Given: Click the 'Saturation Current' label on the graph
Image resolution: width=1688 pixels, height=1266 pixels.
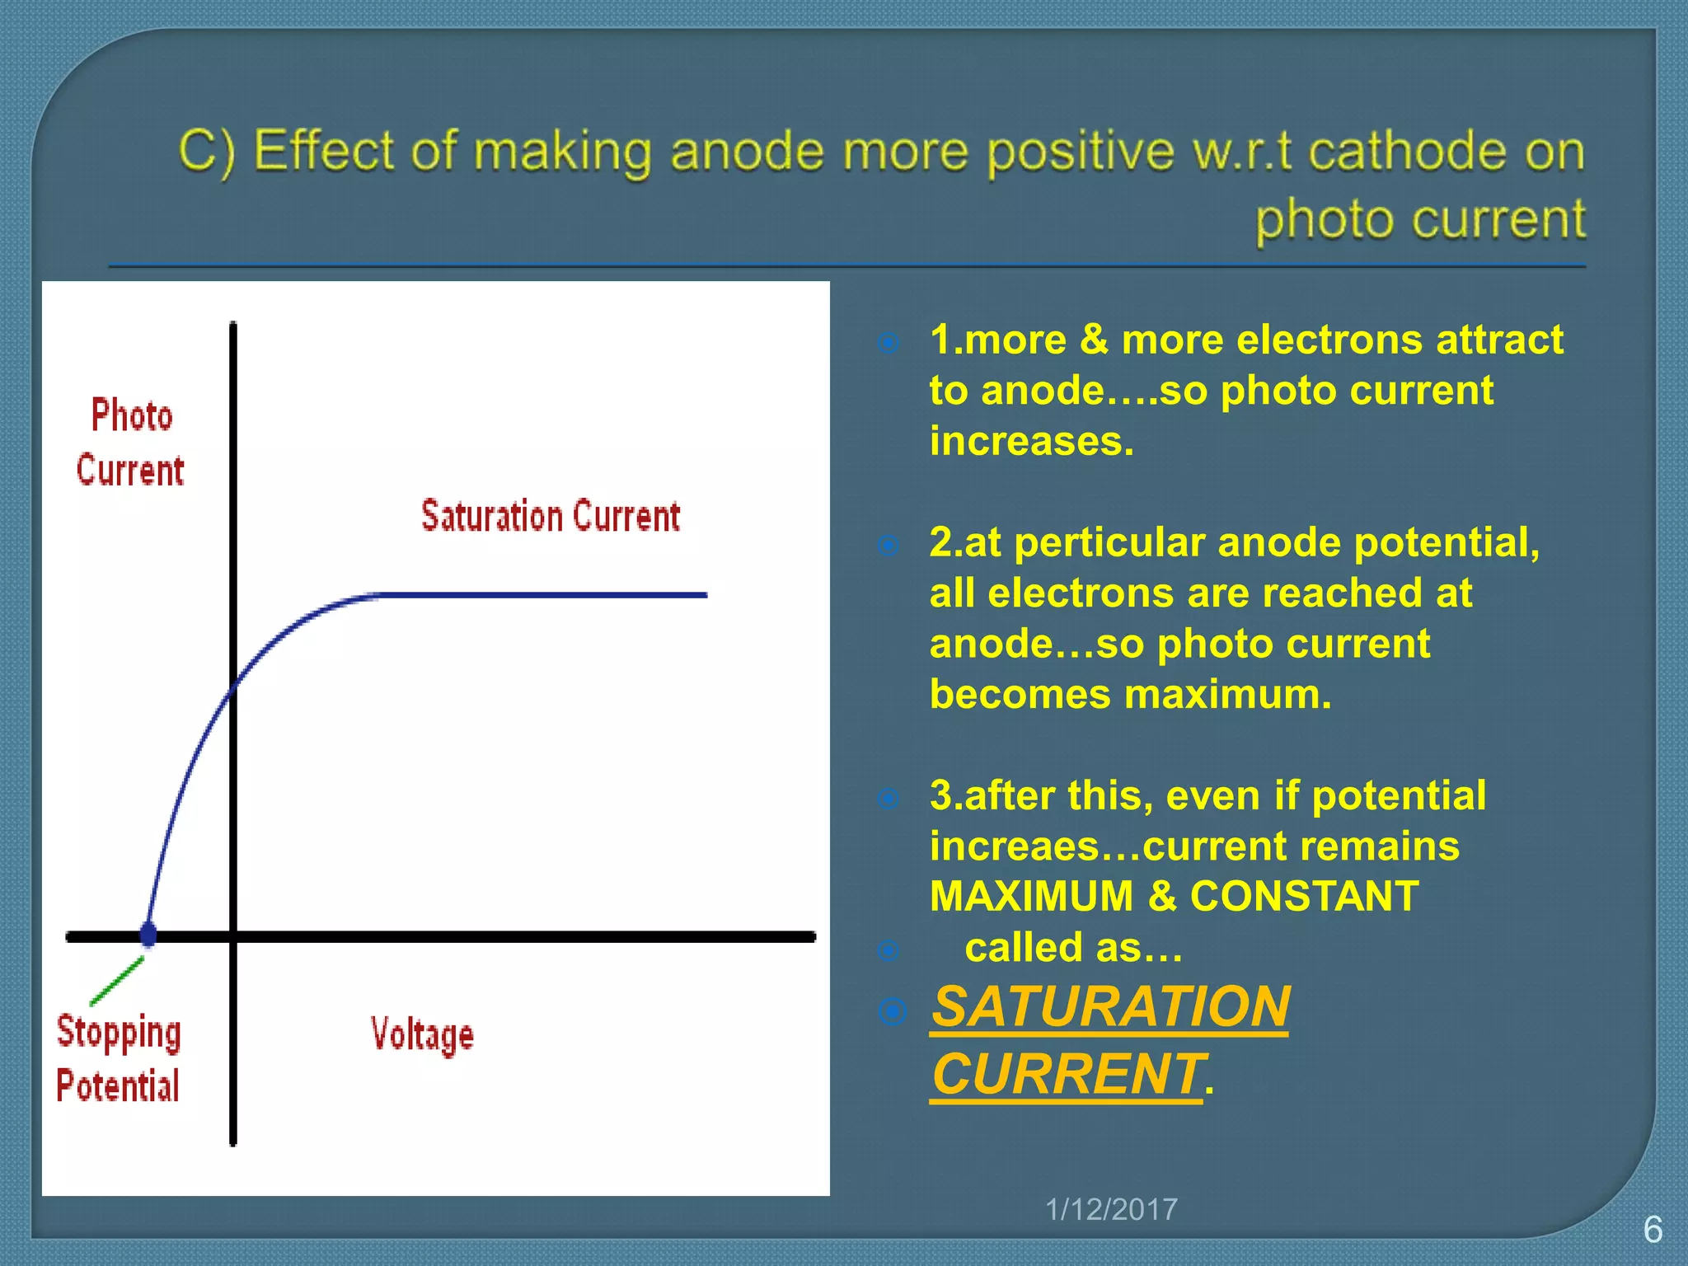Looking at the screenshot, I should coord(551,517).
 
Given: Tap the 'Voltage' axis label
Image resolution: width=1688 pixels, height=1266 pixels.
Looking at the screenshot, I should coord(422,1035).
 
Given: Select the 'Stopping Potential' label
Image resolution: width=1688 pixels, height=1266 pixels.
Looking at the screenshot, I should coord(119,1058).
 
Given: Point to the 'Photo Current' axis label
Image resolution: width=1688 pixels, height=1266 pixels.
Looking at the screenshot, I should coord(131,443).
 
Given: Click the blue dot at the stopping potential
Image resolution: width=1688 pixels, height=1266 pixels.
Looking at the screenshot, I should coord(148,934).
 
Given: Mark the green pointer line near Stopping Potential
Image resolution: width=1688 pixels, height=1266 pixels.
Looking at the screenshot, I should coord(117,981).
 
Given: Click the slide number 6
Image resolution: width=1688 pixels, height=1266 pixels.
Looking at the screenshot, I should coord(1653,1230).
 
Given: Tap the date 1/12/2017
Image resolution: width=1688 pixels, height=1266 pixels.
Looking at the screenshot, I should coord(1111,1209).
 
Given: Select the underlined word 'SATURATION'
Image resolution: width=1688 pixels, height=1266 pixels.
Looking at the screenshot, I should coord(1110,1007).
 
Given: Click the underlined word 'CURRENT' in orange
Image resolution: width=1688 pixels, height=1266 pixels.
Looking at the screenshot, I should coord(1067,1074).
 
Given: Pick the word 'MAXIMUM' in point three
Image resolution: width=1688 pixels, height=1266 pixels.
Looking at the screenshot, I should coord(1031,896).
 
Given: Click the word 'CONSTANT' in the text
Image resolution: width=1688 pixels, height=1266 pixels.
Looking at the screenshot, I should coord(1304,896).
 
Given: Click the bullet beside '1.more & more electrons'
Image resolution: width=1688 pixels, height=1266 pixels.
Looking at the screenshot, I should coord(889,342).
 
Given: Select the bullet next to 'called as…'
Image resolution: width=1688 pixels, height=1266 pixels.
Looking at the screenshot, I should coord(889,950).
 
